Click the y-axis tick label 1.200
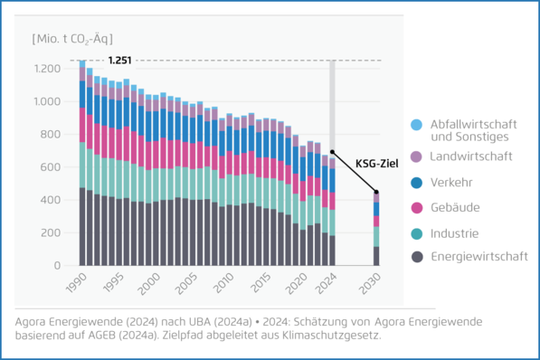point(45,69)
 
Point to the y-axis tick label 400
point(49,200)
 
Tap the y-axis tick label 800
point(49,135)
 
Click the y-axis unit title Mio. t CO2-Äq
point(73,40)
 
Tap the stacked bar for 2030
point(376,230)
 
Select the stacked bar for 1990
point(82,163)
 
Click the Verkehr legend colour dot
point(416,183)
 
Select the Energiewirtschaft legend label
point(479,257)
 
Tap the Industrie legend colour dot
point(416,232)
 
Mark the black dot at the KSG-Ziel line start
point(332,152)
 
